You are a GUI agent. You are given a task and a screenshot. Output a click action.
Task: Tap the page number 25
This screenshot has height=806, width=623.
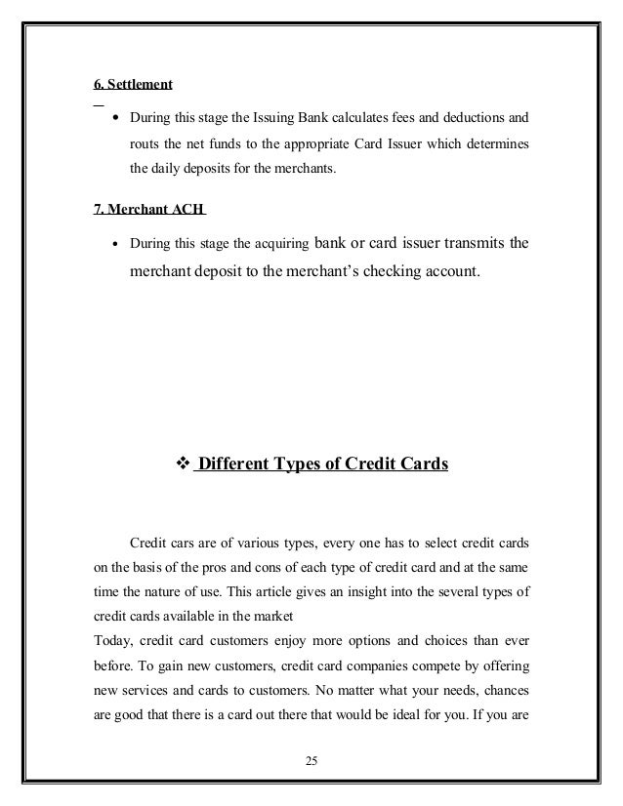click(311, 761)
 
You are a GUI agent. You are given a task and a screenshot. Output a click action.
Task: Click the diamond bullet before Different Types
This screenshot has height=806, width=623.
click(178, 463)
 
